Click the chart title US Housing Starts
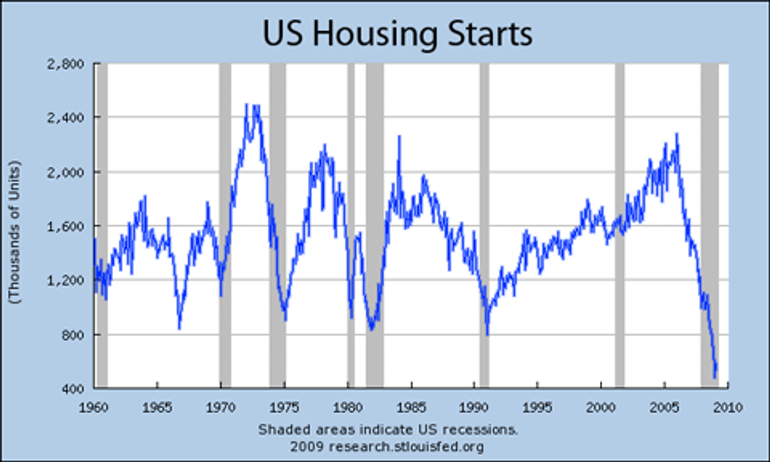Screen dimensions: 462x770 click(x=398, y=34)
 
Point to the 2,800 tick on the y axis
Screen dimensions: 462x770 click(x=73, y=64)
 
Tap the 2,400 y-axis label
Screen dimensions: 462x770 click(x=73, y=117)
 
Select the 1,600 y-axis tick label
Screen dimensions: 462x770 click(x=73, y=226)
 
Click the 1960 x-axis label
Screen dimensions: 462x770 click(x=94, y=407)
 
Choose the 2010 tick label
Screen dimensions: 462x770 click(x=727, y=407)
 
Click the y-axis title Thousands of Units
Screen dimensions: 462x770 click(x=16, y=232)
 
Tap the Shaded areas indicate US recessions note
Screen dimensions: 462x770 click(x=388, y=430)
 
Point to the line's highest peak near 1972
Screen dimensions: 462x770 click(x=247, y=105)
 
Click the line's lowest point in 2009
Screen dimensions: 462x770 click(x=715, y=377)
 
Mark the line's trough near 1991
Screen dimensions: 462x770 click(x=487, y=334)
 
